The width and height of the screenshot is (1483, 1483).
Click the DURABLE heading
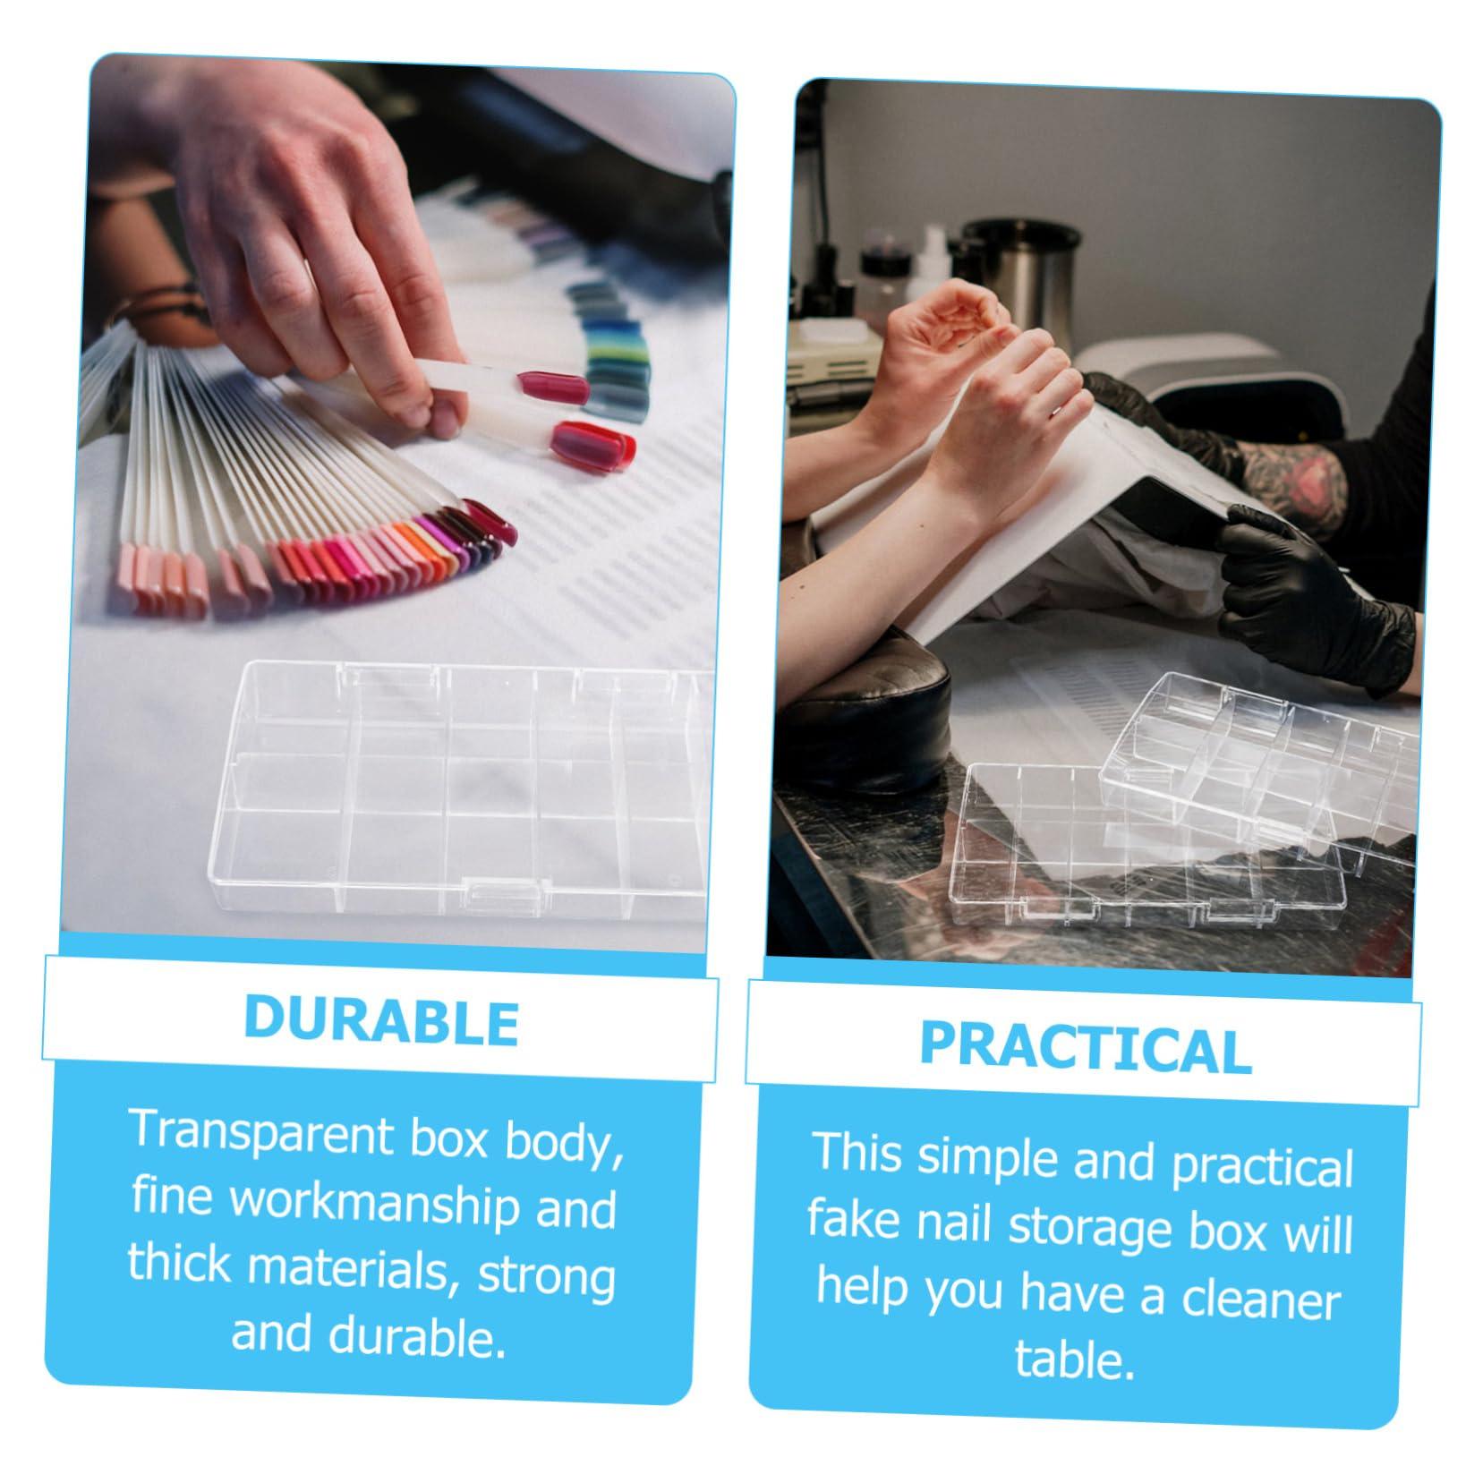(x=381, y=1019)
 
